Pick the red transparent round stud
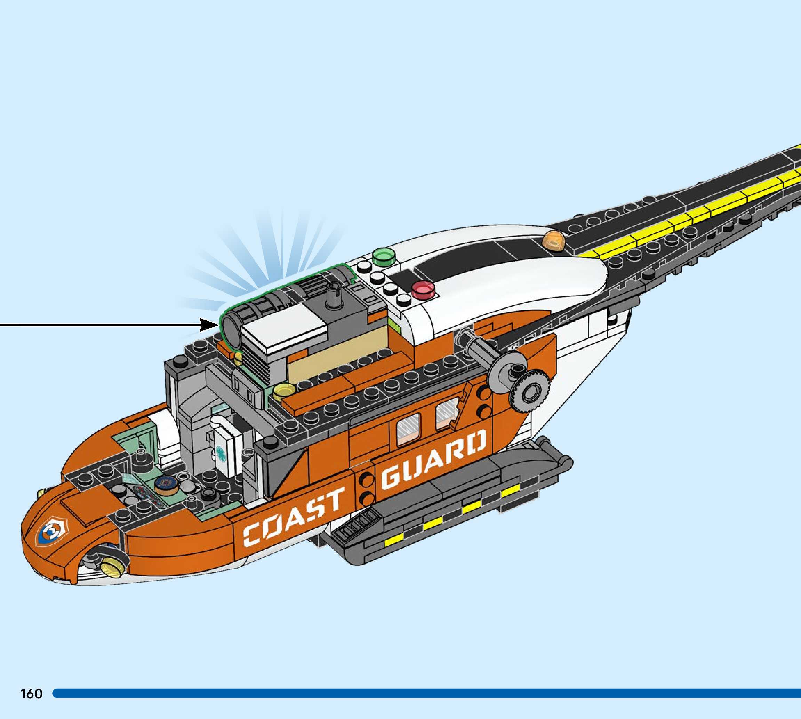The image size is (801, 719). pyautogui.click(x=423, y=289)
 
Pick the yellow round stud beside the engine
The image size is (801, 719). pyautogui.click(x=285, y=390)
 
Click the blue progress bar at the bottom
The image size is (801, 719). pyautogui.click(x=426, y=693)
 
